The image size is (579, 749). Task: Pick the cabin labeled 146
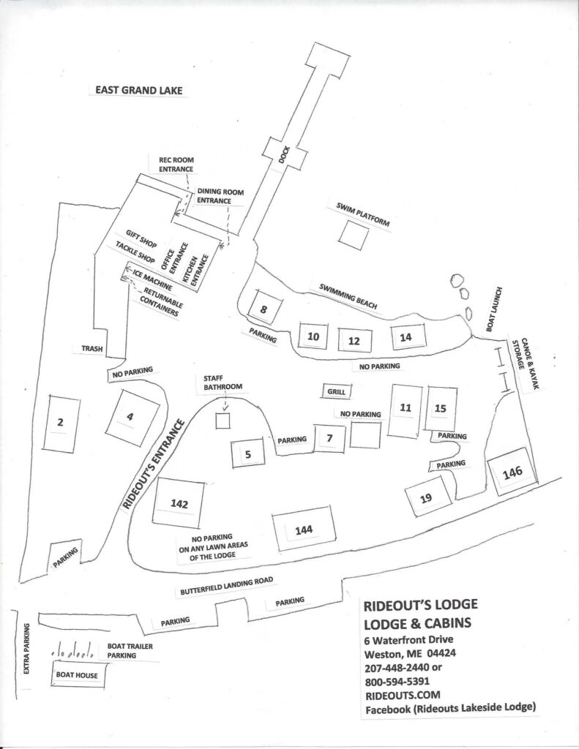(512, 473)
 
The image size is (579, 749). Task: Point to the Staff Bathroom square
(223, 421)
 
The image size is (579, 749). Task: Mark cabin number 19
(426, 499)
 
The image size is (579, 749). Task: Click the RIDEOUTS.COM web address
(393, 694)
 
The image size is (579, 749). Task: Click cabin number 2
(61, 421)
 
